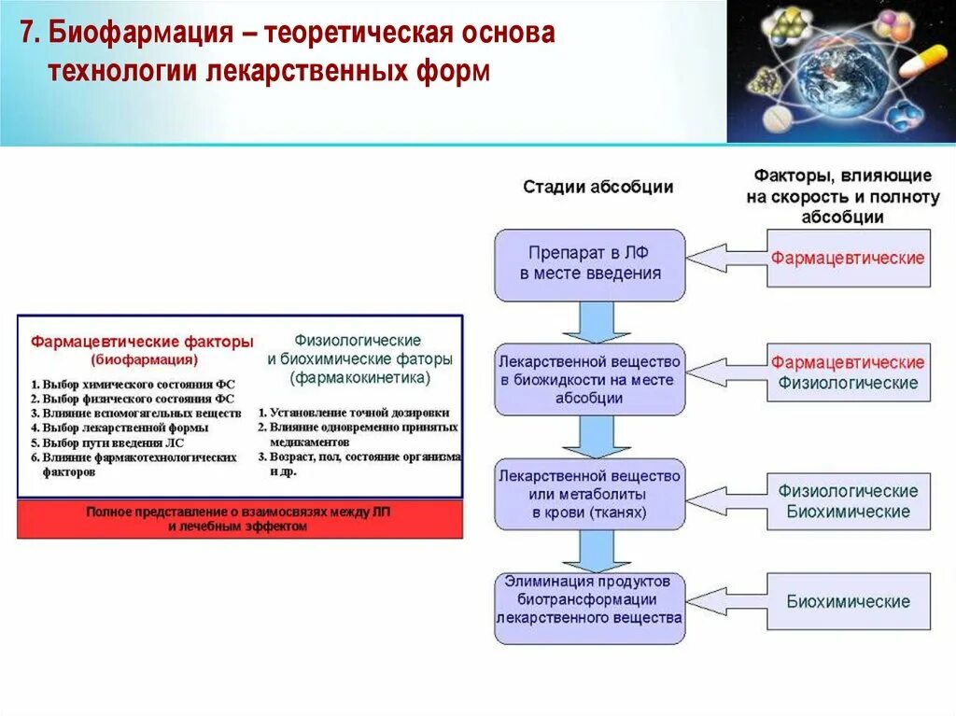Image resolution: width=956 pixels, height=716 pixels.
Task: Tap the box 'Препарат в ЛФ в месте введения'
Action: tap(590, 264)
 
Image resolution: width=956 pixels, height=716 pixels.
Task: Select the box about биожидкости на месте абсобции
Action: tap(589, 379)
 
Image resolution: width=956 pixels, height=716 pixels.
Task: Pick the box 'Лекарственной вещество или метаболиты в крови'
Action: tap(590, 494)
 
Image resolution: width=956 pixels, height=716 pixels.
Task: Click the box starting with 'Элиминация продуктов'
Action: tap(590, 608)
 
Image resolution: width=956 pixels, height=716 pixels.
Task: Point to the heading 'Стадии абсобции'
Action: tap(597, 187)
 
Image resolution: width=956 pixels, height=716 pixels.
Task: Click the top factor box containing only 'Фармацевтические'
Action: tap(848, 259)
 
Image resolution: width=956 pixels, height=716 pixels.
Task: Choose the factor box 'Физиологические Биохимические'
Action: tap(848, 501)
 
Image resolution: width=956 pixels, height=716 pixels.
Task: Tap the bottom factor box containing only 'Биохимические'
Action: tap(848, 602)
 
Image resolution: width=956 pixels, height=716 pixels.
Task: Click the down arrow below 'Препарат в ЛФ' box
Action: tap(590, 322)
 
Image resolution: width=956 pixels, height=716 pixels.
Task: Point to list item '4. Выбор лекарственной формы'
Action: tap(119, 428)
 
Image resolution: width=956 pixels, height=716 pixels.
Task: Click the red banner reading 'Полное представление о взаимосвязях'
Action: tap(240, 519)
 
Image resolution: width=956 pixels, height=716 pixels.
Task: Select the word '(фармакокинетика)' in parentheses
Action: tap(359, 378)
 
